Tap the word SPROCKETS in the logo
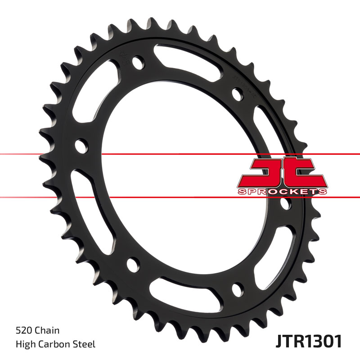pos(282,191)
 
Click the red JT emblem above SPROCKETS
pos(282,172)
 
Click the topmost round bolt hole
pos(138,61)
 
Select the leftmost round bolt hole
pos(81,146)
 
